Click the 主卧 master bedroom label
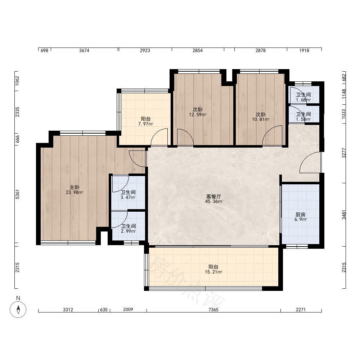point(75,188)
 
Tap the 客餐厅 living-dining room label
point(214,197)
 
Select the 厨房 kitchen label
point(301,215)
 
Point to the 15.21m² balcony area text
point(213,272)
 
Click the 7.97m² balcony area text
point(145,124)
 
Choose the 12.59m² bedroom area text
point(198,114)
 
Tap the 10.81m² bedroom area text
point(261,120)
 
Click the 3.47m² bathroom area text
point(128,197)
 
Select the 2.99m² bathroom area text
point(129,231)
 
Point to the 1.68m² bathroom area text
point(303,100)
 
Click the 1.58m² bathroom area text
point(303,120)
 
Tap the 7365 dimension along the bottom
point(213,310)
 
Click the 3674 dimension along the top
point(84,50)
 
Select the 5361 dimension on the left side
point(17,194)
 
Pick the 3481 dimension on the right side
point(344,215)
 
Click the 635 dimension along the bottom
point(104,310)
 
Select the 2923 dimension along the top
point(145,50)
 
